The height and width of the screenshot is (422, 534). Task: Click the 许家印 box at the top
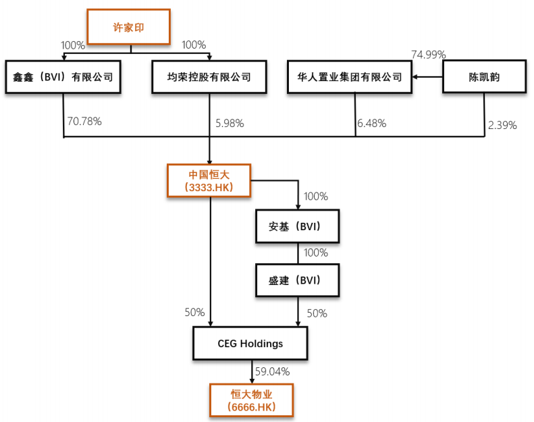click(x=128, y=28)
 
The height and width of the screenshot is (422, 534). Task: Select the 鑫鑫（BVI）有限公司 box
click(x=63, y=77)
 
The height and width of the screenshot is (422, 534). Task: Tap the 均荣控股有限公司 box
click(x=209, y=77)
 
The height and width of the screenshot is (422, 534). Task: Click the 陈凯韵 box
click(x=484, y=77)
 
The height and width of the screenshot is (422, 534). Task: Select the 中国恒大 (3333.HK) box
click(x=210, y=180)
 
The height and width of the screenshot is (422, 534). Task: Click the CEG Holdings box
click(x=250, y=344)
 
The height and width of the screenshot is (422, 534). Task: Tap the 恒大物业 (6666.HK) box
click(x=251, y=399)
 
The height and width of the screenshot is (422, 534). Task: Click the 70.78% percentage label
click(x=84, y=122)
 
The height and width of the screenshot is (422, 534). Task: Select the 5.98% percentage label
click(x=230, y=124)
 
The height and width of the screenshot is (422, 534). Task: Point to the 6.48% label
click(x=372, y=124)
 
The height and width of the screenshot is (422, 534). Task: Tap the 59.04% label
click(x=272, y=371)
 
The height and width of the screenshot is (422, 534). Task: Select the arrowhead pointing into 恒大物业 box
click(x=251, y=380)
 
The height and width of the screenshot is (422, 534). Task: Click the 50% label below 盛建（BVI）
click(x=317, y=313)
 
